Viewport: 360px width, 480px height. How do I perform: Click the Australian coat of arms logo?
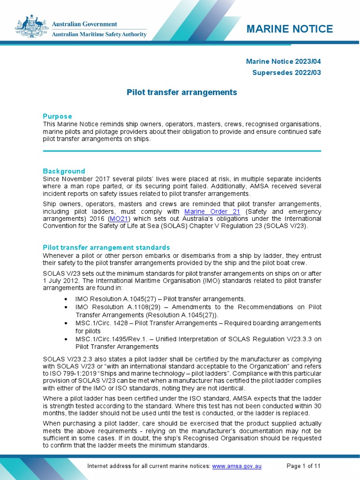pos(31,27)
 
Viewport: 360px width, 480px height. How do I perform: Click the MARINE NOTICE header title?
pos(290,29)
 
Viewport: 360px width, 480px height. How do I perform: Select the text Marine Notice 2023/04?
pos(284,61)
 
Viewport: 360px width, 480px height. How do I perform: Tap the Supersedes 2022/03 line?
pos(286,73)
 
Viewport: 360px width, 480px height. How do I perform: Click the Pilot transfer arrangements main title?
pos(182,92)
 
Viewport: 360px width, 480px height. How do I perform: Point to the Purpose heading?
pos(57,116)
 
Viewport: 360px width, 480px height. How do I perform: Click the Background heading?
pos(64,171)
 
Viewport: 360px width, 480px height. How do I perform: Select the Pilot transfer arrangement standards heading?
pos(106,247)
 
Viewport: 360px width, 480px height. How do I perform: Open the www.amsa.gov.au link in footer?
pos(237,466)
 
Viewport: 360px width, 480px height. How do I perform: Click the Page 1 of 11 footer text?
pos(303,466)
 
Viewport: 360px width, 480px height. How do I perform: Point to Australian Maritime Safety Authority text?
pos(98,34)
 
